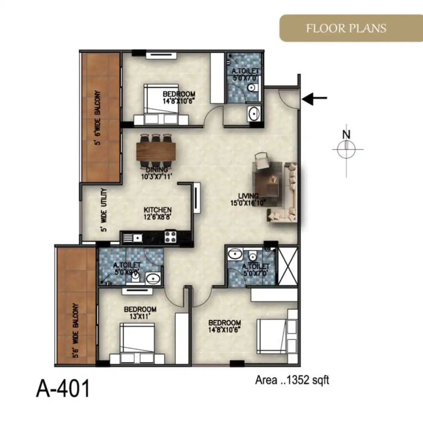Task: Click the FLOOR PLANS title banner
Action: click(x=351, y=28)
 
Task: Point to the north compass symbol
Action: click(x=347, y=149)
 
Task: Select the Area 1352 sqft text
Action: click(x=292, y=380)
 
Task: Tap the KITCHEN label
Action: click(x=158, y=210)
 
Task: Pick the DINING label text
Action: click(x=157, y=170)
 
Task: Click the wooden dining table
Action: click(x=156, y=151)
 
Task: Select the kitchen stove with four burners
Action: click(x=170, y=236)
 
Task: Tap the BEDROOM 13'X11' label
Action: click(x=140, y=313)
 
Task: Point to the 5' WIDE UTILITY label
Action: click(x=104, y=210)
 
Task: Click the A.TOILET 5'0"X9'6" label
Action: click(x=127, y=269)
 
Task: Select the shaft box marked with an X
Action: click(x=288, y=266)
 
